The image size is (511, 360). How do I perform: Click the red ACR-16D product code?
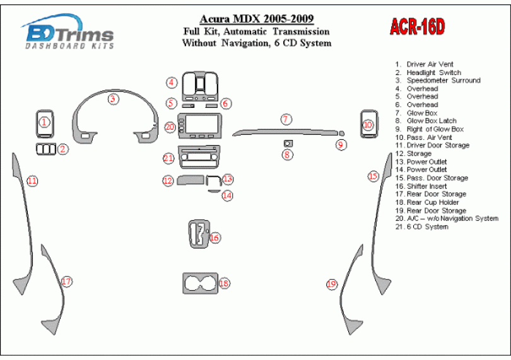(417, 27)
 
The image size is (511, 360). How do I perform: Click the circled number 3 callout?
(113, 99)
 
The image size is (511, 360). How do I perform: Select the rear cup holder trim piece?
(200, 283)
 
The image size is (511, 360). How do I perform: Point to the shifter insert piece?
(199, 235)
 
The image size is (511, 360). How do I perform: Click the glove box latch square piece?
(288, 143)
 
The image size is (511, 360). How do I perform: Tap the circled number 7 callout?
(286, 119)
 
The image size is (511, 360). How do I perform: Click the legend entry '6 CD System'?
(421, 227)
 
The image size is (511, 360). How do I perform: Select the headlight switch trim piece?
(45, 149)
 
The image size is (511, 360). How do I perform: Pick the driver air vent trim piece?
(45, 124)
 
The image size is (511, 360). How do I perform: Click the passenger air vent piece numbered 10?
(369, 124)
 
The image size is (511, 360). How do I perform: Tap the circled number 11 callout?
(32, 181)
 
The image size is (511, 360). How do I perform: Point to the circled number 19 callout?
(331, 284)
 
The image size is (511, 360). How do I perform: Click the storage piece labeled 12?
(191, 180)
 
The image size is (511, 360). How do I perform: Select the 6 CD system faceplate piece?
(199, 157)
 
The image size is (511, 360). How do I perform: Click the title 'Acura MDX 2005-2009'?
(257, 19)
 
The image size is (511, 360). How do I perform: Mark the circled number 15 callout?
(373, 177)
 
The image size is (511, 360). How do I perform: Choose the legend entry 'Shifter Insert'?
(421, 187)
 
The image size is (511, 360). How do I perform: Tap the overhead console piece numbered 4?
(200, 86)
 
